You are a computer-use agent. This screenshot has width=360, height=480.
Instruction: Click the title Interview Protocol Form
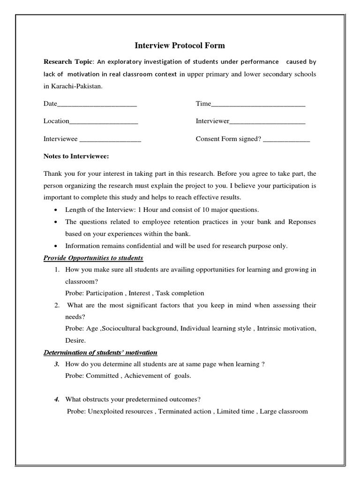click(x=180, y=45)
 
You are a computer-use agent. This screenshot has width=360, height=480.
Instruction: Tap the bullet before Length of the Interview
click(x=56, y=210)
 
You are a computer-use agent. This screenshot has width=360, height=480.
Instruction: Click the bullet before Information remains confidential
click(x=56, y=246)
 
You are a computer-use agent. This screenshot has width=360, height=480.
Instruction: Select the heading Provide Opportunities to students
click(x=93, y=258)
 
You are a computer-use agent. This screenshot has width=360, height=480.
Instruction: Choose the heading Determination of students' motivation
click(x=100, y=352)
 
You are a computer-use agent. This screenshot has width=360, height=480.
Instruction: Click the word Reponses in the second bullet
click(x=303, y=222)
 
